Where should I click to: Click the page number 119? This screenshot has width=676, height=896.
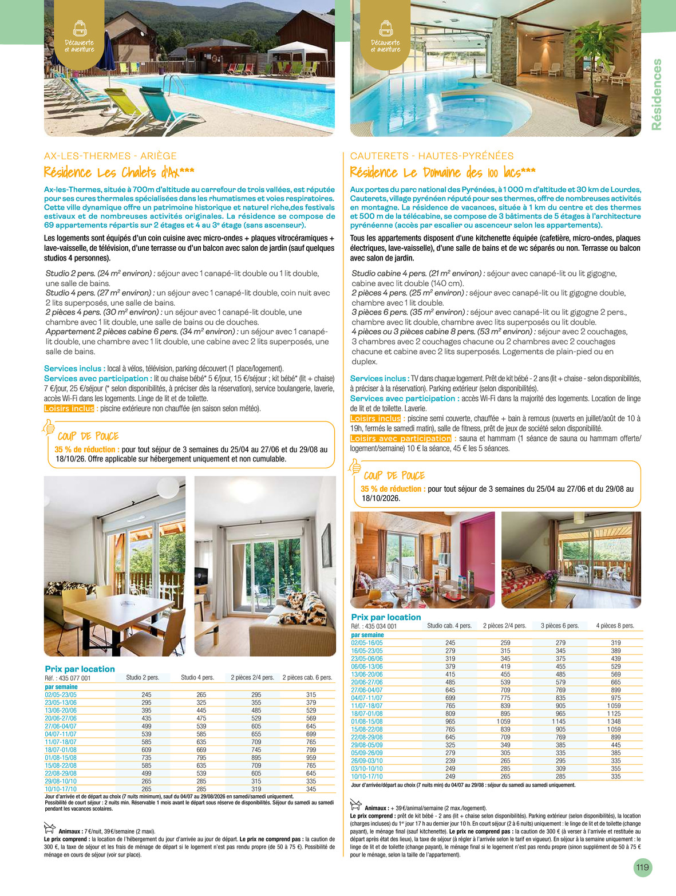(x=642, y=867)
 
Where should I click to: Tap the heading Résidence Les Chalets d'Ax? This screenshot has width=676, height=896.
(x=119, y=172)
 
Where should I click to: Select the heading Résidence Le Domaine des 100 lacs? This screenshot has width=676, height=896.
(x=442, y=172)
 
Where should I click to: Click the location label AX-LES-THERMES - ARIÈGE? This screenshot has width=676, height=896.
(x=110, y=156)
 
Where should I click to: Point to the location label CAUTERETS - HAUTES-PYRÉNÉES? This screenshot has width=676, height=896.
(x=432, y=156)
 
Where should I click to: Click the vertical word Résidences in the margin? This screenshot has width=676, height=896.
(x=657, y=94)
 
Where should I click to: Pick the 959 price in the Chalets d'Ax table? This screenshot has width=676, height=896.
(x=311, y=757)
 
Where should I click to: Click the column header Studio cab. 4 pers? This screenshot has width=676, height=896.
(x=449, y=626)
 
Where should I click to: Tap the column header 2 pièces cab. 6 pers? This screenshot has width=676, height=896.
(x=307, y=677)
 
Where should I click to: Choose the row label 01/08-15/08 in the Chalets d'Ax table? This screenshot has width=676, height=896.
(x=61, y=757)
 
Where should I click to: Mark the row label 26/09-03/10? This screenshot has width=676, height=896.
(x=367, y=761)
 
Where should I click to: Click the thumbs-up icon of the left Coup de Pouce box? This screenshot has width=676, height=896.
(x=49, y=427)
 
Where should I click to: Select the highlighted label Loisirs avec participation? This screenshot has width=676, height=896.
(x=401, y=439)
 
